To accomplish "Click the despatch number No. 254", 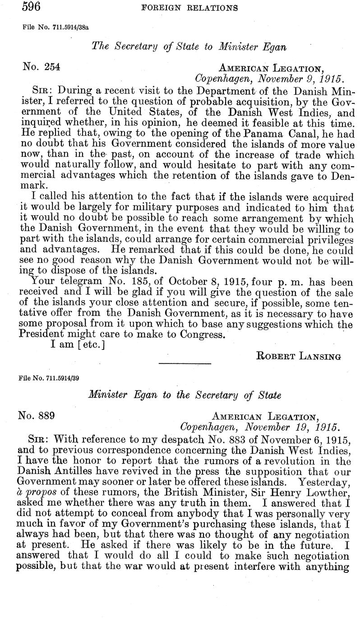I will point(42,67).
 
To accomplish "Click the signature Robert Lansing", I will point(298,355).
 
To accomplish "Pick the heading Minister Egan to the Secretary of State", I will point(185,395).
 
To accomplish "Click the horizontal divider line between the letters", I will point(185,363).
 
